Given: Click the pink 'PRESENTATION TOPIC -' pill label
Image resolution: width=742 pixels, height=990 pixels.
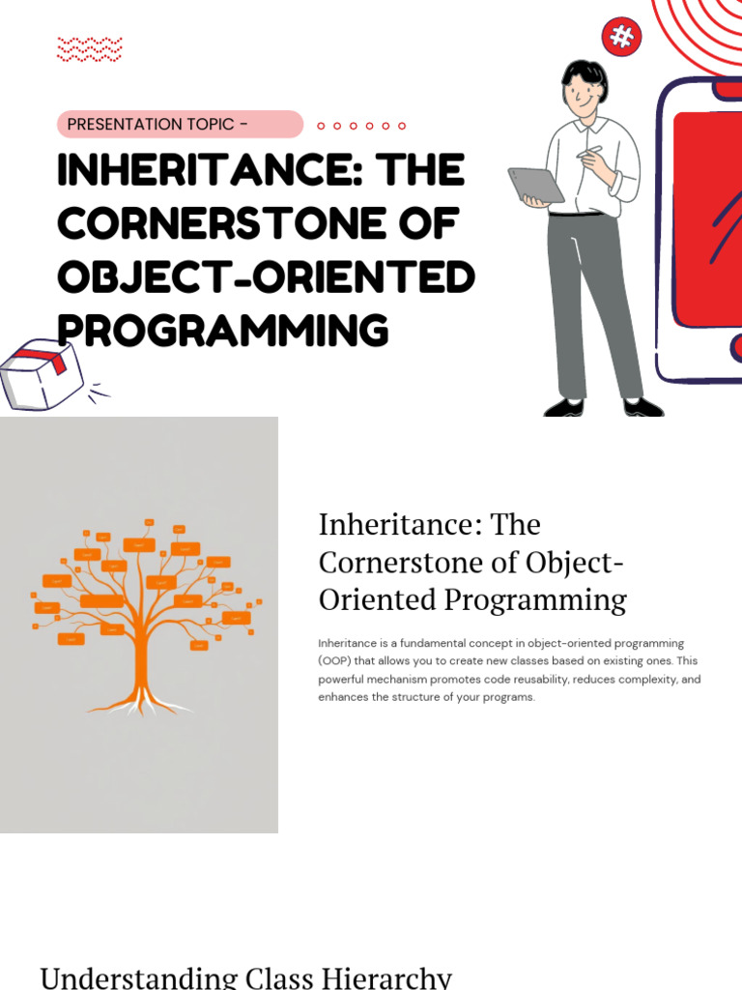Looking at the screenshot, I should click(x=180, y=125).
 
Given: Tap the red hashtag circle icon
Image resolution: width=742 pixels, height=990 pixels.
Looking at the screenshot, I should click(x=622, y=38).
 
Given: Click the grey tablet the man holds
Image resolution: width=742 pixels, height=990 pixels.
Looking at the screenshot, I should click(x=536, y=185).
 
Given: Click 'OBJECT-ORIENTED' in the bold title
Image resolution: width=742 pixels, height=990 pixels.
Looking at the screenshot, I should click(x=266, y=277).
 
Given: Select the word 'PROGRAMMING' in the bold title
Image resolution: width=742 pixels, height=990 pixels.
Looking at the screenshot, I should click(x=223, y=331).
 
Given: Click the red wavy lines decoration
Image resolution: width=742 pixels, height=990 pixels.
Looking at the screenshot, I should click(x=90, y=48).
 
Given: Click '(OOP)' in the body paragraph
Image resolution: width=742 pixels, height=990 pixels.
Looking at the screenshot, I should click(x=335, y=661).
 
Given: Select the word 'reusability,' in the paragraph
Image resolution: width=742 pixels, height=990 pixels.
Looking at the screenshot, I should click(x=530, y=680).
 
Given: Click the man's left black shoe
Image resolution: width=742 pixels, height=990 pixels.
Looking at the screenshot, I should click(x=564, y=407).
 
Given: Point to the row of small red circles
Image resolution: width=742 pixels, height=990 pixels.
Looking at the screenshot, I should click(x=361, y=126).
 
